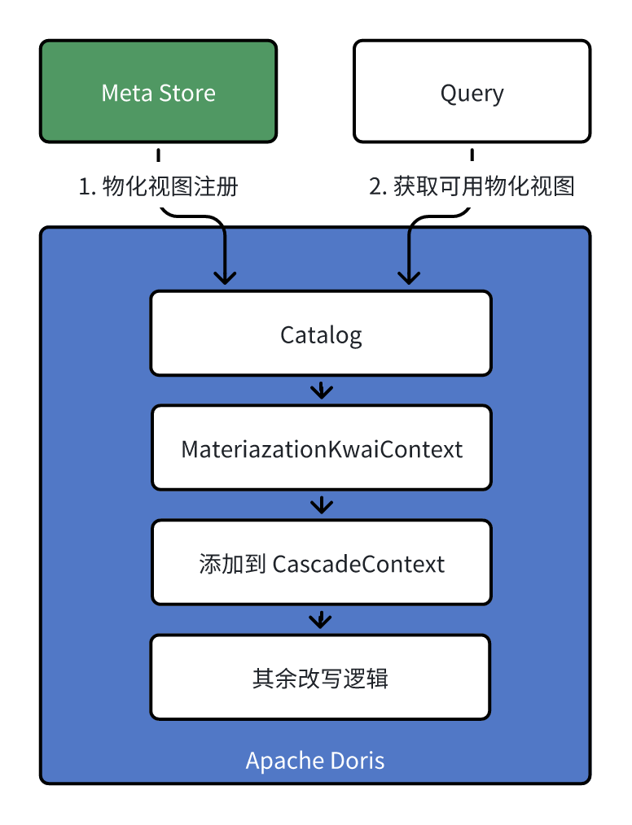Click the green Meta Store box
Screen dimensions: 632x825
[159, 91]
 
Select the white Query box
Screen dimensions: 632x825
[472, 91]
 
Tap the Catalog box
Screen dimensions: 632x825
[321, 334]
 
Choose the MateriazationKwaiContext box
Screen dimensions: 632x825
[321, 447]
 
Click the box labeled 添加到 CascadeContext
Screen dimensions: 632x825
[321, 562]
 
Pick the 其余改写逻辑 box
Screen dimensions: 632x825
[320, 677]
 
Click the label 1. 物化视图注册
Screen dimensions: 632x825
[159, 187]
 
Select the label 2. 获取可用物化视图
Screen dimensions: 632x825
[472, 187]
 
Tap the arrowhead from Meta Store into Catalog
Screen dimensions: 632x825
[225, 277]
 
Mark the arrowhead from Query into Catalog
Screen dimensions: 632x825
[409, 277]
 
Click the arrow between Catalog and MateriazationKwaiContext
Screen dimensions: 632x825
[322, 391]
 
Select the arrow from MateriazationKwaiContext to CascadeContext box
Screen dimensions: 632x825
[322, 505]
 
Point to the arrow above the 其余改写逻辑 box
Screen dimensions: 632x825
[320, 620]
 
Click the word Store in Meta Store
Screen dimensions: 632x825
[187, 93]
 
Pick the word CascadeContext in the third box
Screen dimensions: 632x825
[358, 564]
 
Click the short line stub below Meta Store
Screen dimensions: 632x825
[159, 155]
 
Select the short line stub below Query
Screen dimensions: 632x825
[472, 155]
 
